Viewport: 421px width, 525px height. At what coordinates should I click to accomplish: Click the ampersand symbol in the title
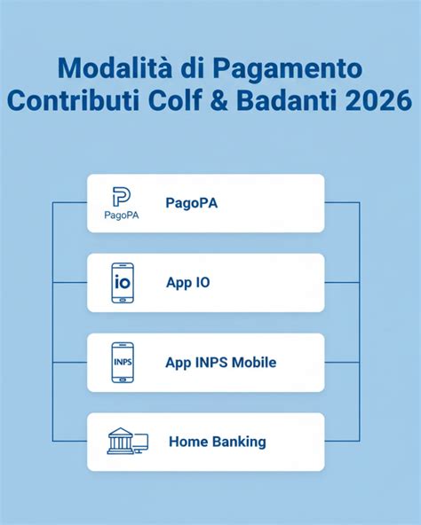221,99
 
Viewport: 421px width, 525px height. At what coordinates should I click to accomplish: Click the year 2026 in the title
379,99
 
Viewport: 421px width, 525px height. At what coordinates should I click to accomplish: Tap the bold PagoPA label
191,203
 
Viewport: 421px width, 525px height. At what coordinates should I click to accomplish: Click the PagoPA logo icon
122,197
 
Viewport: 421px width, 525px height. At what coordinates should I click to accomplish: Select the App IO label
187,283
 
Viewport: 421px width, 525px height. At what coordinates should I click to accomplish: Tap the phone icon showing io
123,283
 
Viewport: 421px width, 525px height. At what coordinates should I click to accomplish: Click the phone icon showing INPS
123,362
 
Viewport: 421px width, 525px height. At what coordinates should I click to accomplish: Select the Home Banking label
217,441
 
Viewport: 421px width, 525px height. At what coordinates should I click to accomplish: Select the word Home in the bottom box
186,441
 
